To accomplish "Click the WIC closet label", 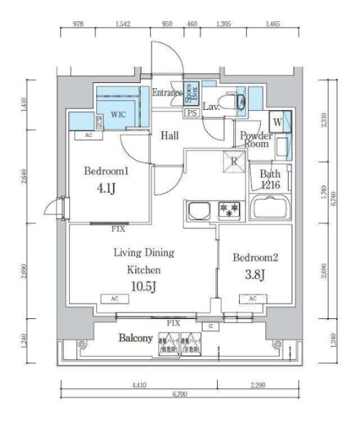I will [119, 114].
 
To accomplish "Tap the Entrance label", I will [168, 93].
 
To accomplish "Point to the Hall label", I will [170, 135].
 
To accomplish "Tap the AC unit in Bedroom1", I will [87, 135].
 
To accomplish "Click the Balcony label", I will [136, 339].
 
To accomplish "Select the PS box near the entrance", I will [192, 113].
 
